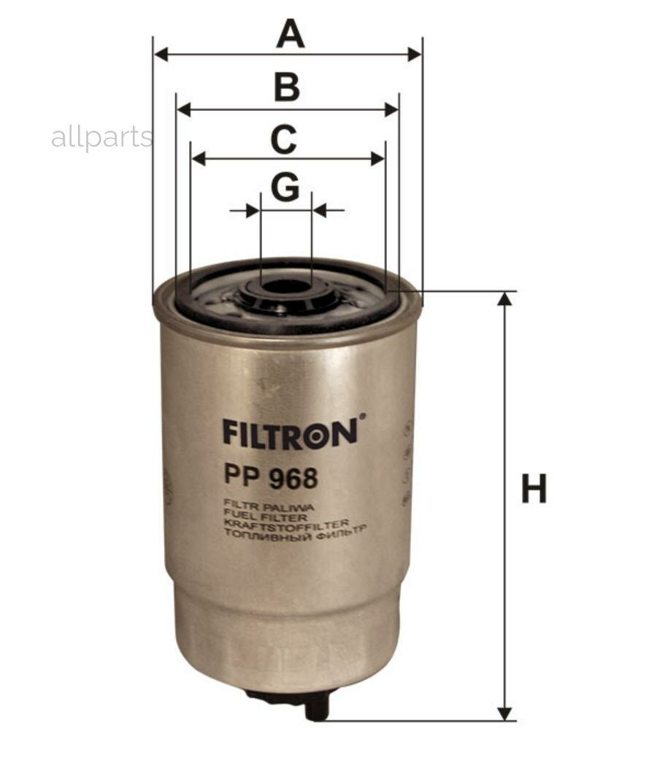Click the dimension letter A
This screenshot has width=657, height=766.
tap(290, 34)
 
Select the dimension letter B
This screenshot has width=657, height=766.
tap(287, 87)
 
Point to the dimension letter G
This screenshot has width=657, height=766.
tap(285, 187)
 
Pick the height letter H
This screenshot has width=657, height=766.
tap(534, 489)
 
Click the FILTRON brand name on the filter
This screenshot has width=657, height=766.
tap(291, 432)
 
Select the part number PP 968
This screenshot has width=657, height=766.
tap(271, 479)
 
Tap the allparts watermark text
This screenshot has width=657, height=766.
tap(102, 137)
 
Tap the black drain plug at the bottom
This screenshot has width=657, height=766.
tap(315, 705)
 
